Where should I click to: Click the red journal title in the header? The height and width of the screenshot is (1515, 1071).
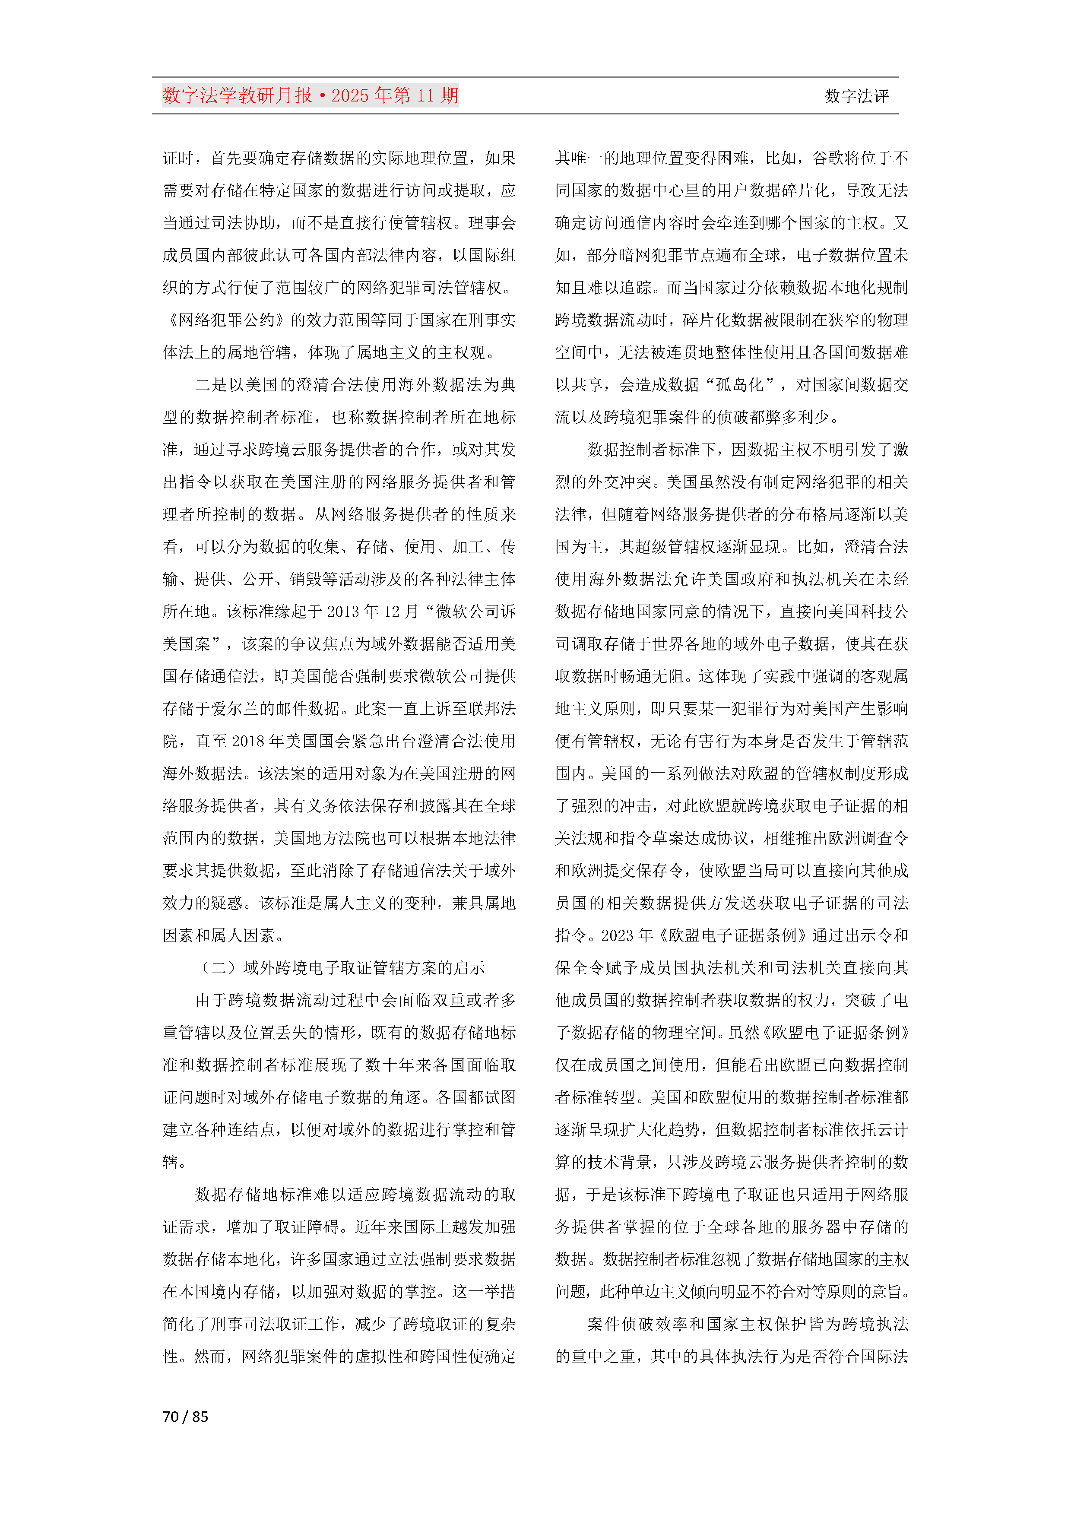point(310,96)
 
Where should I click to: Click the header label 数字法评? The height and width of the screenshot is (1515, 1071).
point(856,96)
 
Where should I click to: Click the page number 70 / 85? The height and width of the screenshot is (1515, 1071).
point(185,1416)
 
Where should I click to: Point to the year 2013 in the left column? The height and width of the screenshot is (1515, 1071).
point(342,612)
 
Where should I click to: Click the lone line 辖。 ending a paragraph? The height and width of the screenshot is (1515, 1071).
point(174,1162)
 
